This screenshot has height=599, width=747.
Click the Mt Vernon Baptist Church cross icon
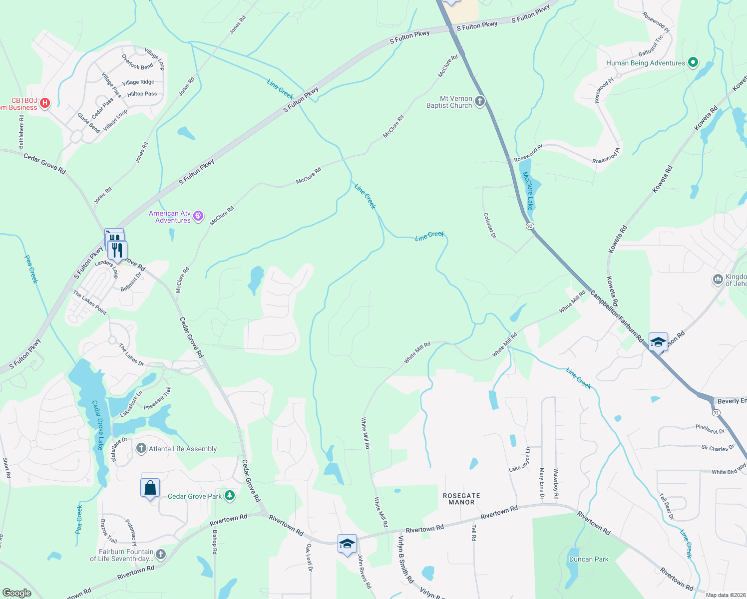coord(479,102)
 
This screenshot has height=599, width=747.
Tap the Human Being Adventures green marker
coord(693,63)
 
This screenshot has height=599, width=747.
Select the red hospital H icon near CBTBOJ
coord(45,103)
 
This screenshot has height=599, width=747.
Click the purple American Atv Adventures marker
coord(198,216)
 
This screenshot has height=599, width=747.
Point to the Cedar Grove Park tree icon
coord(229,496)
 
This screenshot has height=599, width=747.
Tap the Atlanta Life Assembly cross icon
coord(141,448)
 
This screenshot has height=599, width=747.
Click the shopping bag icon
coord(150,488)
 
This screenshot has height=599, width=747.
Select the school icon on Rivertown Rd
coord(347,544)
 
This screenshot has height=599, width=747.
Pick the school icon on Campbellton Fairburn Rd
coord(658,342)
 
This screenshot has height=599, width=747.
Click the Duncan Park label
coord(589,559)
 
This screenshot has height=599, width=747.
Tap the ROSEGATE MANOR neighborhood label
coord(461,499)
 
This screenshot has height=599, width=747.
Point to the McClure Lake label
coord(528,191)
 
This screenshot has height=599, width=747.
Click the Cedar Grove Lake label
coord(97,425)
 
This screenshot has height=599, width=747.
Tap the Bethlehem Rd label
coord(21,131)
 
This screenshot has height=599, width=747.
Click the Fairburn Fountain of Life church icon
coord(160,554)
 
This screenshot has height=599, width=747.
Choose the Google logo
coord(16,593)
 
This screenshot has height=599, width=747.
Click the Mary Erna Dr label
coord(542,483)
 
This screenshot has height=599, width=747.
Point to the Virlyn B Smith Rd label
coord(405,559)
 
